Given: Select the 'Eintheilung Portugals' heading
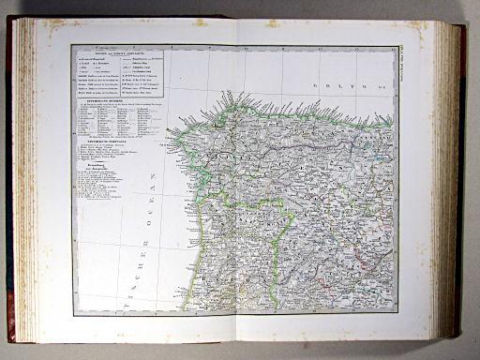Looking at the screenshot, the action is [103, 142].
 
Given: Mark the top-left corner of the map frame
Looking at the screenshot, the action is [73, 44].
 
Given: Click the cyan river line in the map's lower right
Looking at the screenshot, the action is [370, 281].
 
